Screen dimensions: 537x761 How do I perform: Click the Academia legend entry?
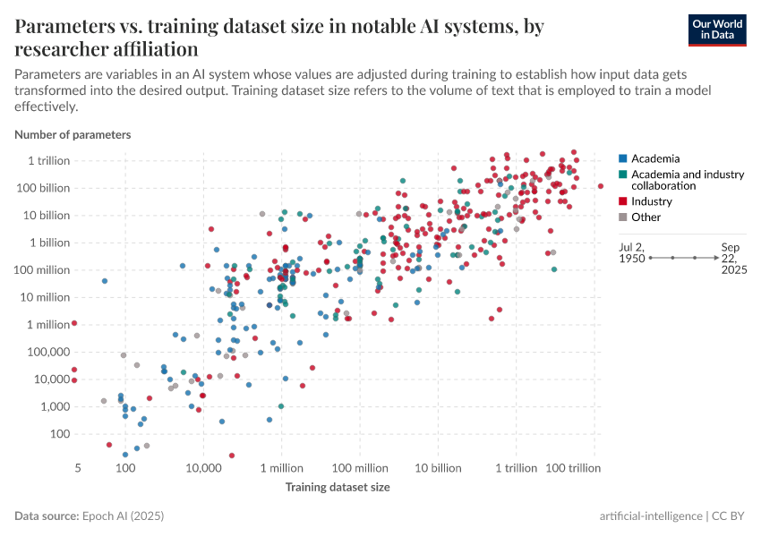point(654,158)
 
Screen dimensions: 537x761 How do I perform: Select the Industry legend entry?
point(651,201)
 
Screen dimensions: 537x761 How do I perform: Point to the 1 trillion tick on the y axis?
point(47,160)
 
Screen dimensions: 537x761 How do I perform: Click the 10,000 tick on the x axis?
point(203,469)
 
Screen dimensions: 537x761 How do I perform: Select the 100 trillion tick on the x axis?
point(572,469)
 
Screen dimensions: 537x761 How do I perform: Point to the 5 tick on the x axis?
point(78,469)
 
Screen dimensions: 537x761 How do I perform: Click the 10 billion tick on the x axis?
point(438,469)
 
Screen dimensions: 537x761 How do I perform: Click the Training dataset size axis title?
point(338,488)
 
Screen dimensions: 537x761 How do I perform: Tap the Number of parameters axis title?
point(73,134)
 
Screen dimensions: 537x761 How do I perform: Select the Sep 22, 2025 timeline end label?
point(731,257)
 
